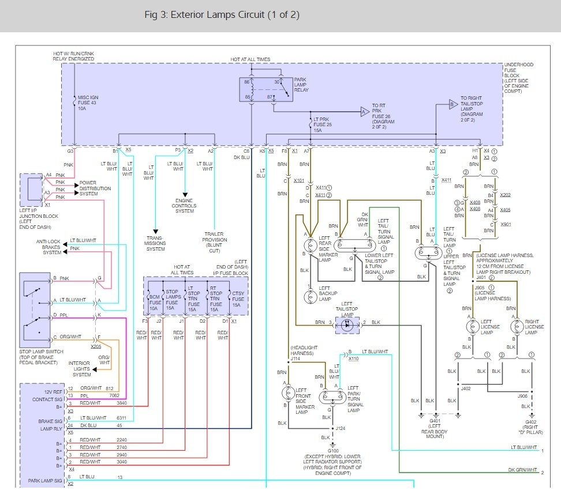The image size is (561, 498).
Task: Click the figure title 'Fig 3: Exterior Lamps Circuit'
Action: pos(222,15)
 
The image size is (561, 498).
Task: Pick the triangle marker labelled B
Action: pos(454,105)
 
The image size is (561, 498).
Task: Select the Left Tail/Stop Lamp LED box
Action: pos(347,324)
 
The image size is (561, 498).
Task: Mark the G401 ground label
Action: pos(434,422)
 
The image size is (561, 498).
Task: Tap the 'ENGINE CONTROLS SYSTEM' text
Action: pos(184,206)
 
